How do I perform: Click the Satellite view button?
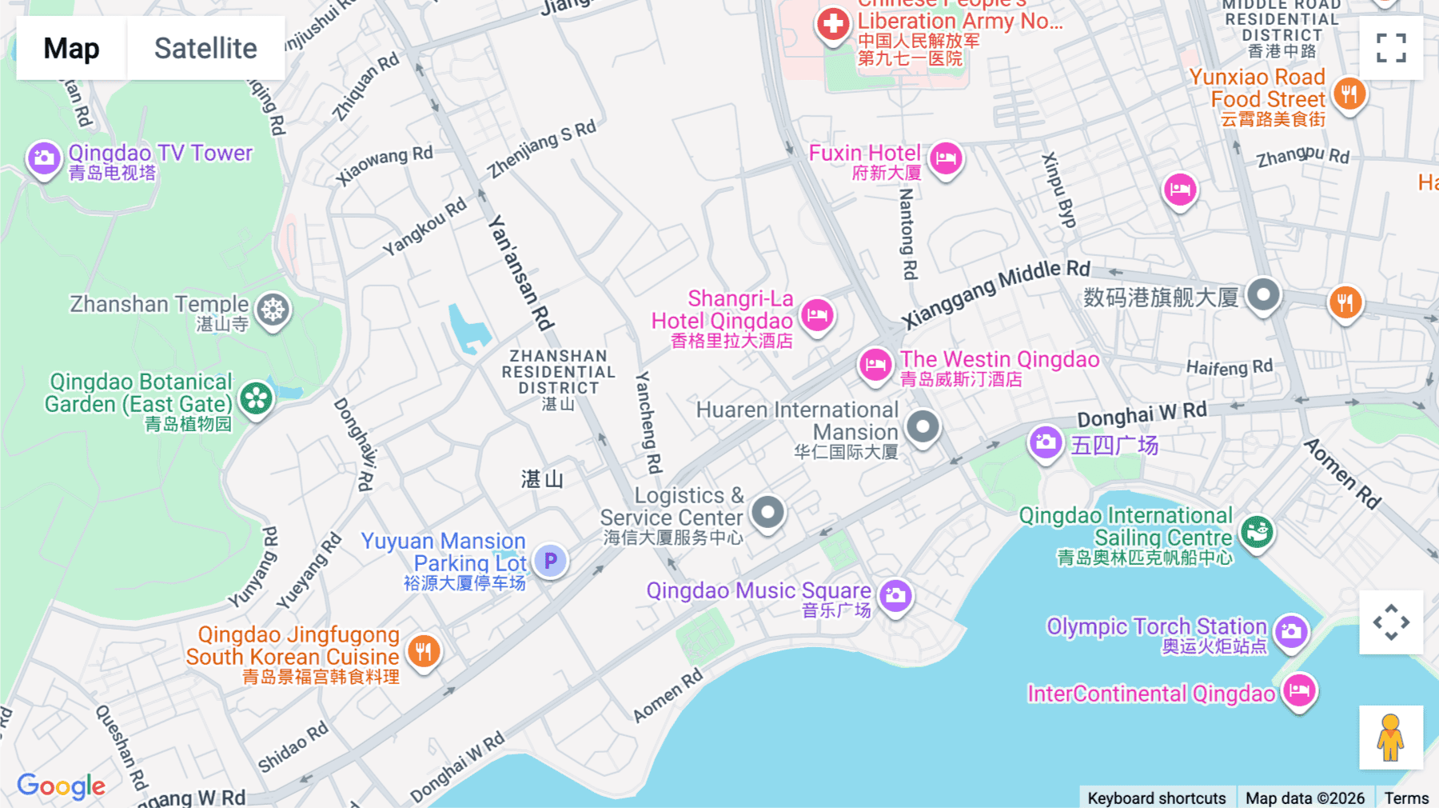[x=205, y=48]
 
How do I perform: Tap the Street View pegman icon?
[x=1390, y=737]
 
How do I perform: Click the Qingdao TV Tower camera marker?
[x=44, y=158]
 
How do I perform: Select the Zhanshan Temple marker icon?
[x=273, y=309]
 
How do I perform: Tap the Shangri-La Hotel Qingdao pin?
[x=817, y=314]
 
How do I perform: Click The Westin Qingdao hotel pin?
[x=875, y=365]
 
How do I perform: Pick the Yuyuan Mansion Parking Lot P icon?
[x=550, y=561]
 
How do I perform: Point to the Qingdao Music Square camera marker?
[x=895, y=595]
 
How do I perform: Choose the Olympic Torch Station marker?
[x=1291, y=631]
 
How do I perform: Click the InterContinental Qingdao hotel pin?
[x=1299, y=690]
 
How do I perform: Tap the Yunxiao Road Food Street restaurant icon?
[x=1349, y=94]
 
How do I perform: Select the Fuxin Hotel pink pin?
[x=946, y=158]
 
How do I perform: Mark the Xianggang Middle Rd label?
[x=996, y=294]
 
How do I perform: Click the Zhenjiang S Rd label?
[x=542, y=149]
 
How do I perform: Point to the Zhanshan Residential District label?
[x=558, y=372]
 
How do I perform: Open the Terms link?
[x=1406, y=798]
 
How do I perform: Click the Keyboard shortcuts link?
[x=1156, y=798]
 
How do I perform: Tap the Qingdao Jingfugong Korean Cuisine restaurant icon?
[x=424, y=651]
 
